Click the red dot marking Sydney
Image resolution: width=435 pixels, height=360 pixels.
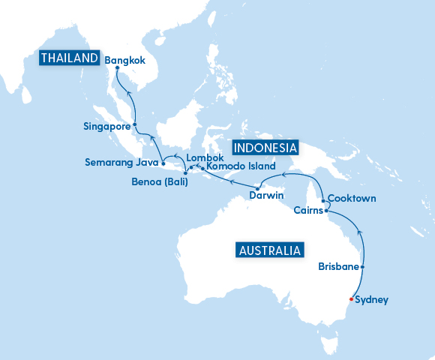[x=351, y=300]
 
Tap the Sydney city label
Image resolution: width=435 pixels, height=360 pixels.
[x=372, y=300]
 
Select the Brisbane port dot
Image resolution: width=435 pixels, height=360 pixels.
[x=363, y=267]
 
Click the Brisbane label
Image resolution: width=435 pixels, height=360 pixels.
[x=338, y=266]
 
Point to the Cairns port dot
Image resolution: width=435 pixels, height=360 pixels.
[x=326, y=211]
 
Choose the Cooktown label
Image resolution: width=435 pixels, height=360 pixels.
[x=352, y=199]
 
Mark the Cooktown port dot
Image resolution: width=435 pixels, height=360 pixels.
[x=322, y=200]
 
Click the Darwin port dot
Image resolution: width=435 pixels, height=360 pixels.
[x=257, y=187]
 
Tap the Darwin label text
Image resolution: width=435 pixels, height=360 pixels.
[x=266, y=196]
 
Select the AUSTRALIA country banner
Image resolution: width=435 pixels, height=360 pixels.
[x=269, y=250]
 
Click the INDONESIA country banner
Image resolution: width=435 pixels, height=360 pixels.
[x=265, y=146]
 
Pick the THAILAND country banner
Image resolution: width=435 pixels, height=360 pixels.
[x=70, y=58]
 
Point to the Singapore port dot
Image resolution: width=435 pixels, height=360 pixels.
[x=134, y=124]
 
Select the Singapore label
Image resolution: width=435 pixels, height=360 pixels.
[x=106, y=126]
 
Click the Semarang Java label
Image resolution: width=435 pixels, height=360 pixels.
[x=121, y=161]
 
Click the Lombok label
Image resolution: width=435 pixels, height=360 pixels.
[x=205, y=157]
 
